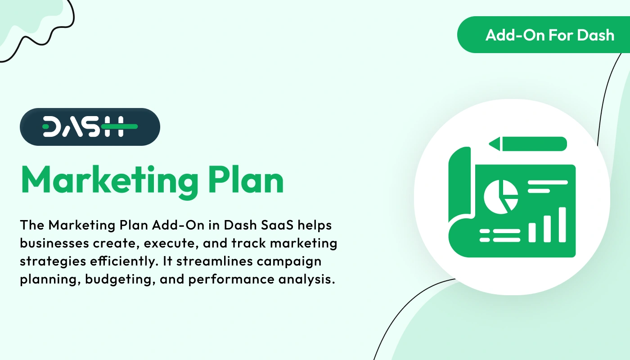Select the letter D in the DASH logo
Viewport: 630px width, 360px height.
(53, 127)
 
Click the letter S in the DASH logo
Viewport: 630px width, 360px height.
(93, 127)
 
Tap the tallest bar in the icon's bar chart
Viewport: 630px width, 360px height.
(562, 224)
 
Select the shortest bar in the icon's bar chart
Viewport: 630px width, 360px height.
(532, 232)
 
